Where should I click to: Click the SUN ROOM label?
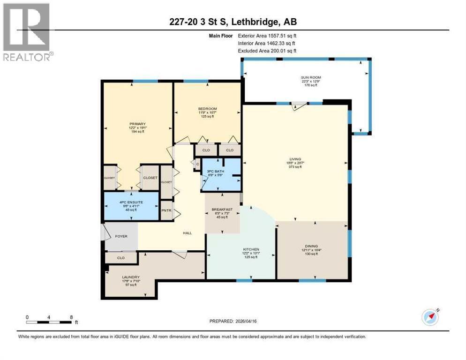tap(310, 77)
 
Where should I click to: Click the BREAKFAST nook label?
tap(221, 210)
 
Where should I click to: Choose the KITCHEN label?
tap(251, 249)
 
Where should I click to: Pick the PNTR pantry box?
tap(166, 210)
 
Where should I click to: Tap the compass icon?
tap(430, 317)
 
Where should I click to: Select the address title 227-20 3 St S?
tap(233, 22)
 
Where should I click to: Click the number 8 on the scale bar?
tap(71, 316)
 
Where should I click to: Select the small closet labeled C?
tap(197, 164)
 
